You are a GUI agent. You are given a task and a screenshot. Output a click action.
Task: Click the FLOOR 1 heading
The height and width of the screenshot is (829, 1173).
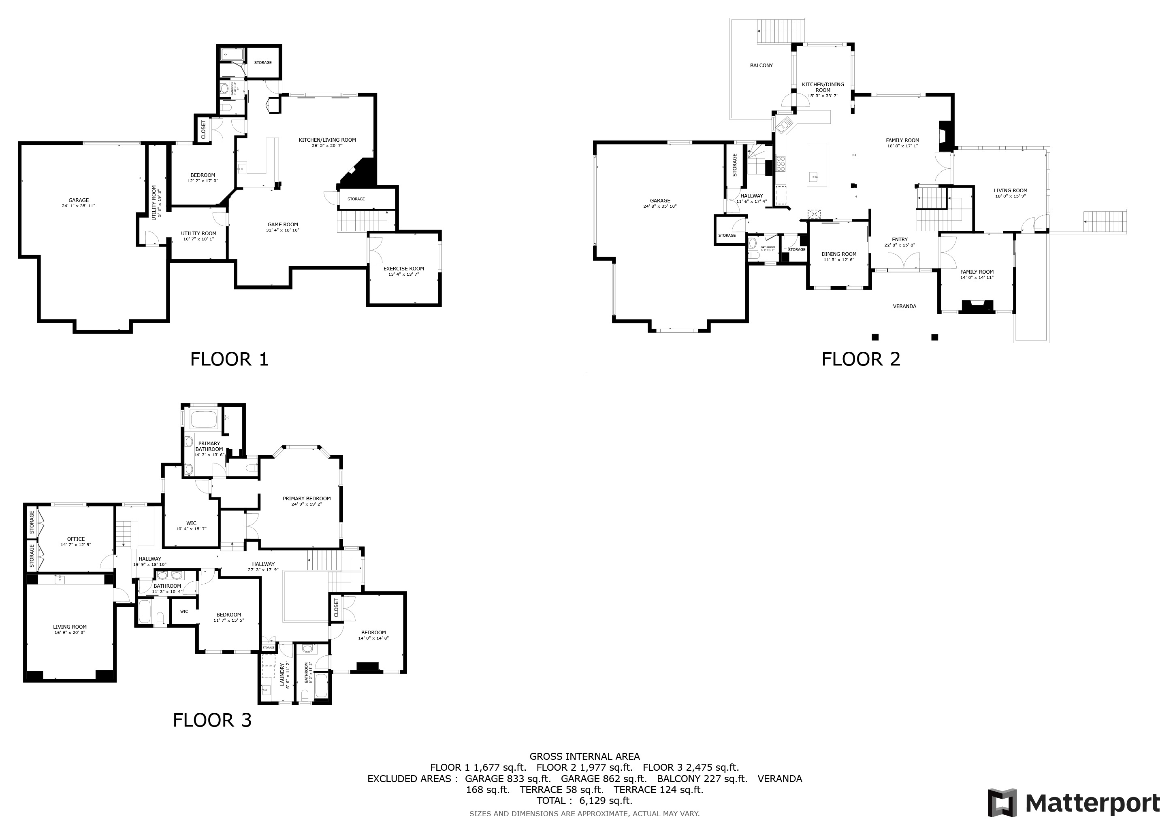(229, 359)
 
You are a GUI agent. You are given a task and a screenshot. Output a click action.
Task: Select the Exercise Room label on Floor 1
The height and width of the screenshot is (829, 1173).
(403, 268)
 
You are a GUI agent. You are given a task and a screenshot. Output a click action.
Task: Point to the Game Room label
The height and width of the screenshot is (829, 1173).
(283, 225)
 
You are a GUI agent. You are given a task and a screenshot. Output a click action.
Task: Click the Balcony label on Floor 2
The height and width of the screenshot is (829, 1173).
(761, 65)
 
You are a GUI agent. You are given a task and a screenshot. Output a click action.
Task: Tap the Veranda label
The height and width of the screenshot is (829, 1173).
(904, 306)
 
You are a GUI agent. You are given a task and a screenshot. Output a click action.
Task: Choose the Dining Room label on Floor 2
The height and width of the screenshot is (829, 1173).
(839, 254)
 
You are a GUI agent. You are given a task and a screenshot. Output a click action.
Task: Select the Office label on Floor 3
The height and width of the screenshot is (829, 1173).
(76, 539)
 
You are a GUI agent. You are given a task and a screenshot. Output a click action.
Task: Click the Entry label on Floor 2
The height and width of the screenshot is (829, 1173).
(900, 239)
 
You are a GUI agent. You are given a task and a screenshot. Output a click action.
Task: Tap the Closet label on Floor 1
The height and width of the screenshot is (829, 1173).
(203, 130)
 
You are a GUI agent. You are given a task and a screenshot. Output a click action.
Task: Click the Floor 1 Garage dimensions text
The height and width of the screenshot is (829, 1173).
(79, 206)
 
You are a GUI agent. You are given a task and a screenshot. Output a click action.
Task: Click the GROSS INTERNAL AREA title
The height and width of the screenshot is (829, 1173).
(584, 757)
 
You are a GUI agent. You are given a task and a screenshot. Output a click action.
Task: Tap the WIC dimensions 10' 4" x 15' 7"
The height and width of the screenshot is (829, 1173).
(191, 529)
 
